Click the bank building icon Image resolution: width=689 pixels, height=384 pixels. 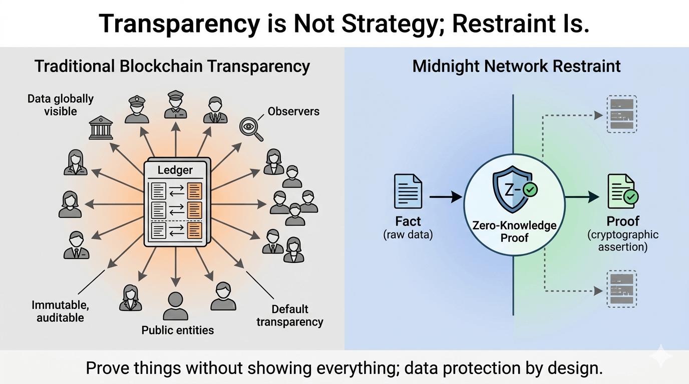[100, 127]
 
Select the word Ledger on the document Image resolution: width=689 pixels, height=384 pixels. [175, 170]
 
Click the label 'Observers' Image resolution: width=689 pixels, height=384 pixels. [293, 111]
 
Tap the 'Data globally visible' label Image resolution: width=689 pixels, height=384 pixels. [60, 104]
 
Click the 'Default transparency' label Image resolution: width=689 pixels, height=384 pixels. [290, 315]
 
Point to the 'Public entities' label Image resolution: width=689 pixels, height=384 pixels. [177, 330]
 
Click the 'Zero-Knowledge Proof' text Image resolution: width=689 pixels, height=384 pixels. [514, 231]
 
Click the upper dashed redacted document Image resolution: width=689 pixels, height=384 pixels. [622, 114]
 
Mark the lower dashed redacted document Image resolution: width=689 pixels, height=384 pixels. [622, 289]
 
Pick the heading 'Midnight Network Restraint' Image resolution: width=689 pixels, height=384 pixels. [516, 66]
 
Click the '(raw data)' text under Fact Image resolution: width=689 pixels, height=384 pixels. [408, 235]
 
